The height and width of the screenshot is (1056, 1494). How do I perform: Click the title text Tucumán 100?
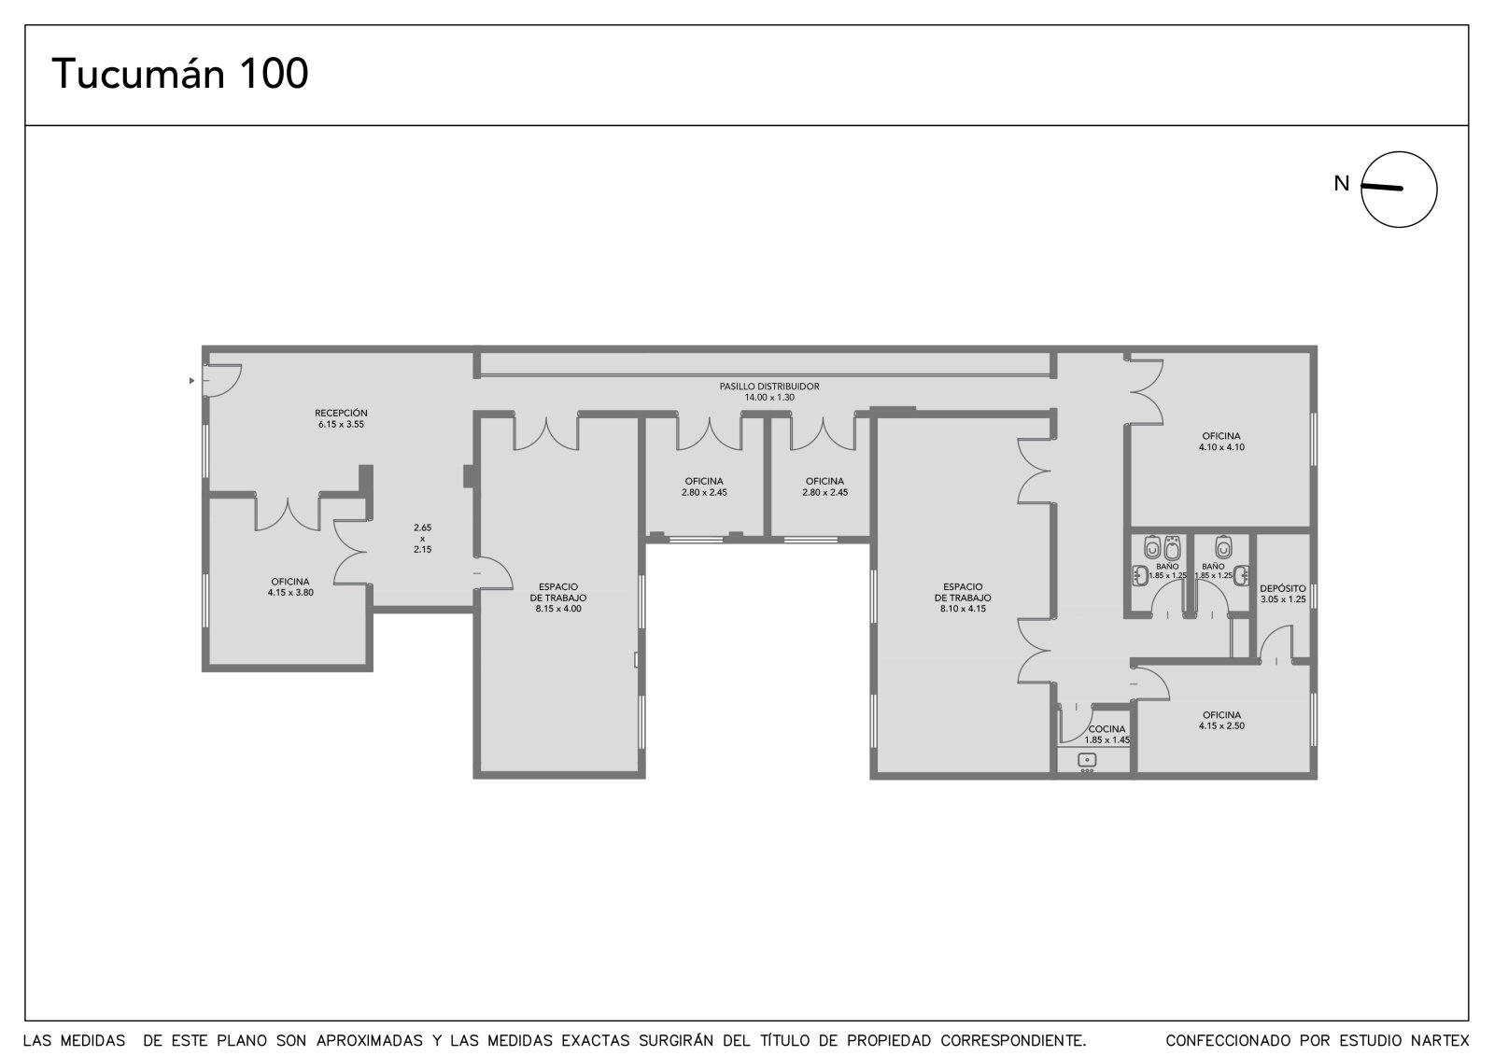(180, 74)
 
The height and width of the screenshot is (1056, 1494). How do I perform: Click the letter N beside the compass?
(1341, 183)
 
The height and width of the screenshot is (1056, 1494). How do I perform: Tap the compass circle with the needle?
(1399, 190)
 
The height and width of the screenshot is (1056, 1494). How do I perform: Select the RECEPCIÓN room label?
(341, 413)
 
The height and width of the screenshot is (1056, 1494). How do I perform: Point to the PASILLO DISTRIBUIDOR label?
(769, 387)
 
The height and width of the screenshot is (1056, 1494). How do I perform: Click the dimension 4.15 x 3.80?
(290, 592)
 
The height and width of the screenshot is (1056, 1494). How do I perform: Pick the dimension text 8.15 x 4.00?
(558, 609)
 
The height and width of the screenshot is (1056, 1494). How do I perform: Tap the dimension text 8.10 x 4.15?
(963, 609)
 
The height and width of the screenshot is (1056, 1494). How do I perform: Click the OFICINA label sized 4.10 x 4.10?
(1221, 436)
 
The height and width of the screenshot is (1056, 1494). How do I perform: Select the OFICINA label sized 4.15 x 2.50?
(1221, 715)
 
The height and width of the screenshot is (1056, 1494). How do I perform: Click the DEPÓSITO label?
(1283, 588)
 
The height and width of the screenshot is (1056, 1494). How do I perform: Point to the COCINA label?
(1106, 729)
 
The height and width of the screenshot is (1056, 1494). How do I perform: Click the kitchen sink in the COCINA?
(1087, 760)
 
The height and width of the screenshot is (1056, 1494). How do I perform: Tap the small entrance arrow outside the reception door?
(192, 381)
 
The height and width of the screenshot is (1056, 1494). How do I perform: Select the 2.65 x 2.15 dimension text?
(422, 539)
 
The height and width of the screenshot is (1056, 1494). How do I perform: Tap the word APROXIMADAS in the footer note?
(370, 1041)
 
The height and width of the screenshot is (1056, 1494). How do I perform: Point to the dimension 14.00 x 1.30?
(769, 398)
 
